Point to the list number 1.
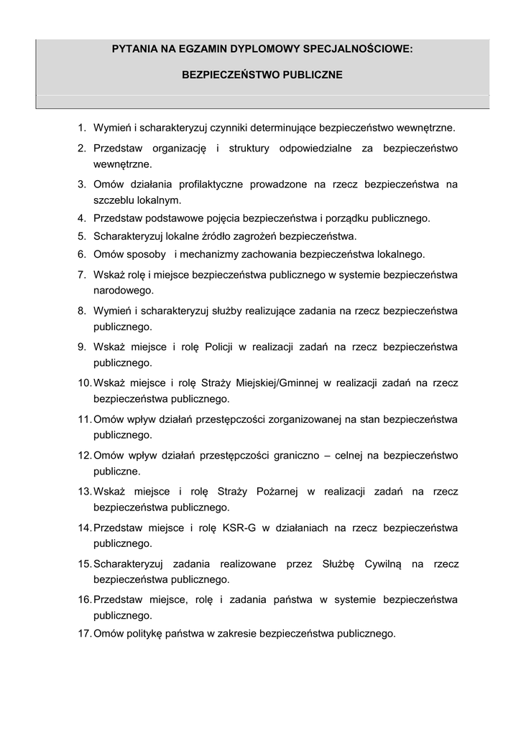[82, 128]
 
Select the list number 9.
[82, 347]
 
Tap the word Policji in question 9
[218, 347]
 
